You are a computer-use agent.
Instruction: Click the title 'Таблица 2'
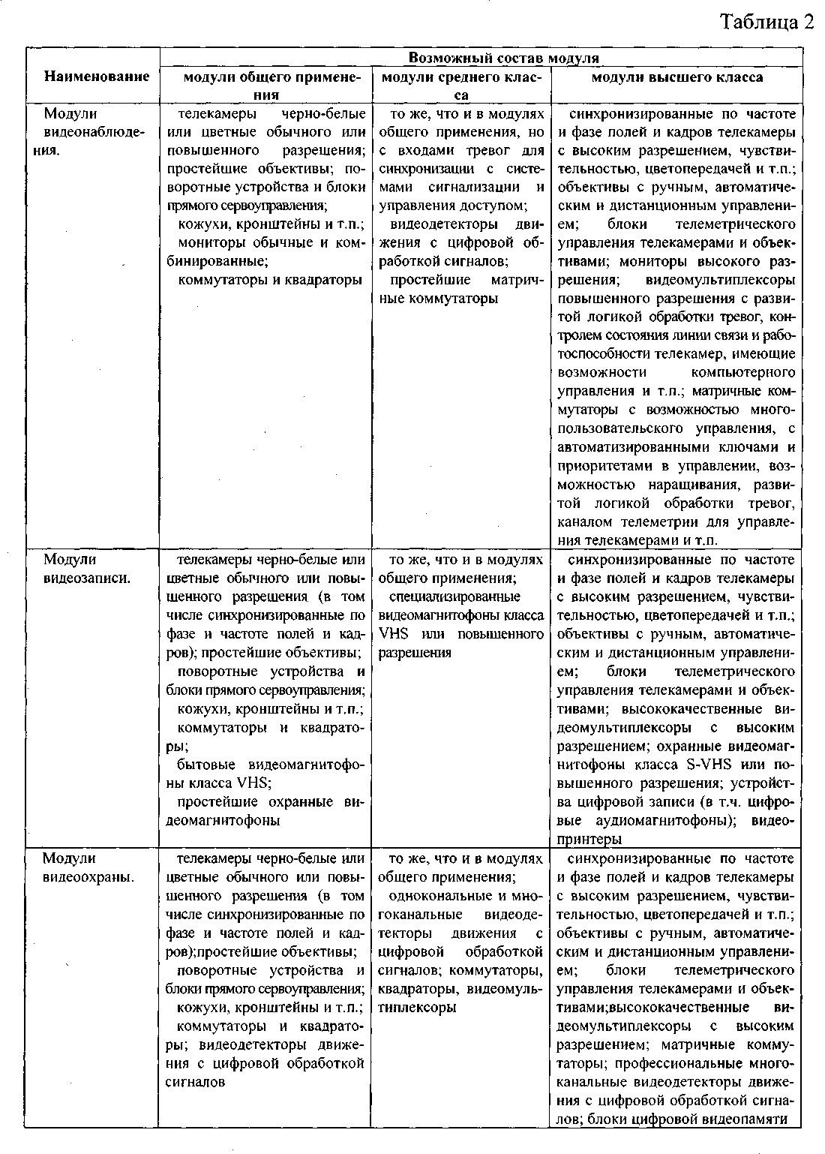coord(766,22)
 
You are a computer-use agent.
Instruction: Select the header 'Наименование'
coord(96,76)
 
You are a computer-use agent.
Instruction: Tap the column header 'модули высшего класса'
coord(677,77)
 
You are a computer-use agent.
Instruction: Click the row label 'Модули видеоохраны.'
coord(88,867)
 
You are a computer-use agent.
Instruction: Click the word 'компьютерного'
coord(741,372)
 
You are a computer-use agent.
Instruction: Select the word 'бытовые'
coord(210,765)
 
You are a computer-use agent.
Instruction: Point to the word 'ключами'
coord(766,446)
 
